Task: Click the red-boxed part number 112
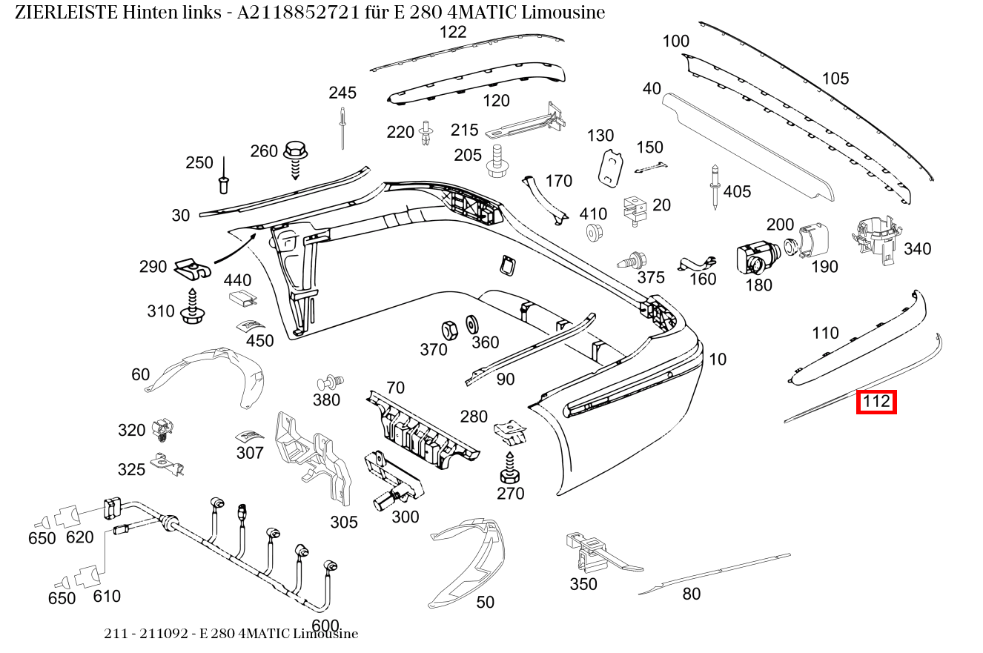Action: point(876,402)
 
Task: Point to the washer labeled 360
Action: point(471,324)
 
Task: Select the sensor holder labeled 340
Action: point(877,237)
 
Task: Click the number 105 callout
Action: point(835,79)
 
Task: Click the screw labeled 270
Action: point(510,468)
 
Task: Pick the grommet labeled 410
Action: point(593,233)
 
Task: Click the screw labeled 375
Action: point(631,260)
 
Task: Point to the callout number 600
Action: point(325,625)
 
